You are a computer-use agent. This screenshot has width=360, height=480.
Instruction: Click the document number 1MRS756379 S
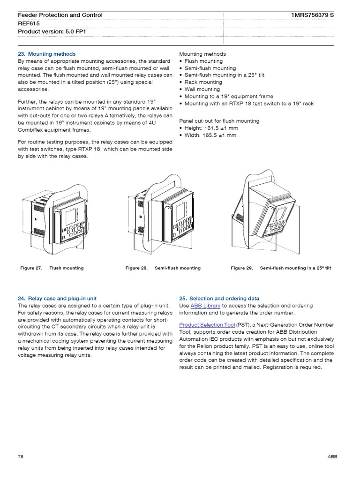(313, 15)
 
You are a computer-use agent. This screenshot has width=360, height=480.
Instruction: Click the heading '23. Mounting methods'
(46, 54)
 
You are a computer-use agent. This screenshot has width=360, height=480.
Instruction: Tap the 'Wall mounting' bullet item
(202, 89)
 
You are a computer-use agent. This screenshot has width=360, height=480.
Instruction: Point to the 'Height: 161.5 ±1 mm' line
(211, 128)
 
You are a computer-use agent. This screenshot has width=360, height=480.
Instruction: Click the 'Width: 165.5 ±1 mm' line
(210, 135)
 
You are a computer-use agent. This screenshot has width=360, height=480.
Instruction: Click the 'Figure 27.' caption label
(31, 268)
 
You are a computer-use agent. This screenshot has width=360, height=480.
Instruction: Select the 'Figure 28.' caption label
(136, 268)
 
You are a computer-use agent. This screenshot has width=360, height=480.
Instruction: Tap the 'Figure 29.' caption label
(242, 268)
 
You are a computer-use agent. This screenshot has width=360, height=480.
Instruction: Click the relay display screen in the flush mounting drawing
(71, 217)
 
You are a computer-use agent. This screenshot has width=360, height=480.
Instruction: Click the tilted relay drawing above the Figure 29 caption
(265, 211)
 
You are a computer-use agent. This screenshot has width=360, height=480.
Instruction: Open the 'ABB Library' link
(205, 306)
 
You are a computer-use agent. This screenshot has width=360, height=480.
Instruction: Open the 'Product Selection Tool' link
(207, 324)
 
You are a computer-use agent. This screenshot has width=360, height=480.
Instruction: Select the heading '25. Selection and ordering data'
(219, 298)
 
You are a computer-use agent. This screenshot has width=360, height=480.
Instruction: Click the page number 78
(21, 456)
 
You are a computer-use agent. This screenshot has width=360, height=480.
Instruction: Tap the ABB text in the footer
(332, 456)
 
